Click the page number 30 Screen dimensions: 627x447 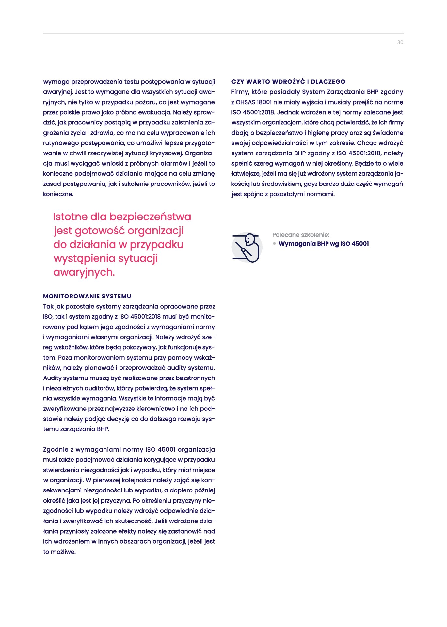[400, 42]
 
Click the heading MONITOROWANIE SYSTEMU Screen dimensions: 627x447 [87, 296]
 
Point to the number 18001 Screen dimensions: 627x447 [264, 102]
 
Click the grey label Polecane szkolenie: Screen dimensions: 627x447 [301, 235]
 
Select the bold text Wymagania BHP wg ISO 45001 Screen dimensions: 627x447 [324, 244]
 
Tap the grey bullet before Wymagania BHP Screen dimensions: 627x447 [274, 244]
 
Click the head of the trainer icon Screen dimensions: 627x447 [249, 239]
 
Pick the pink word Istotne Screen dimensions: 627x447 [70, 217]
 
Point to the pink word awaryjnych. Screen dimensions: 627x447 [84, 272]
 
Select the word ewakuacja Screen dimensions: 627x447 [154, 112]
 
